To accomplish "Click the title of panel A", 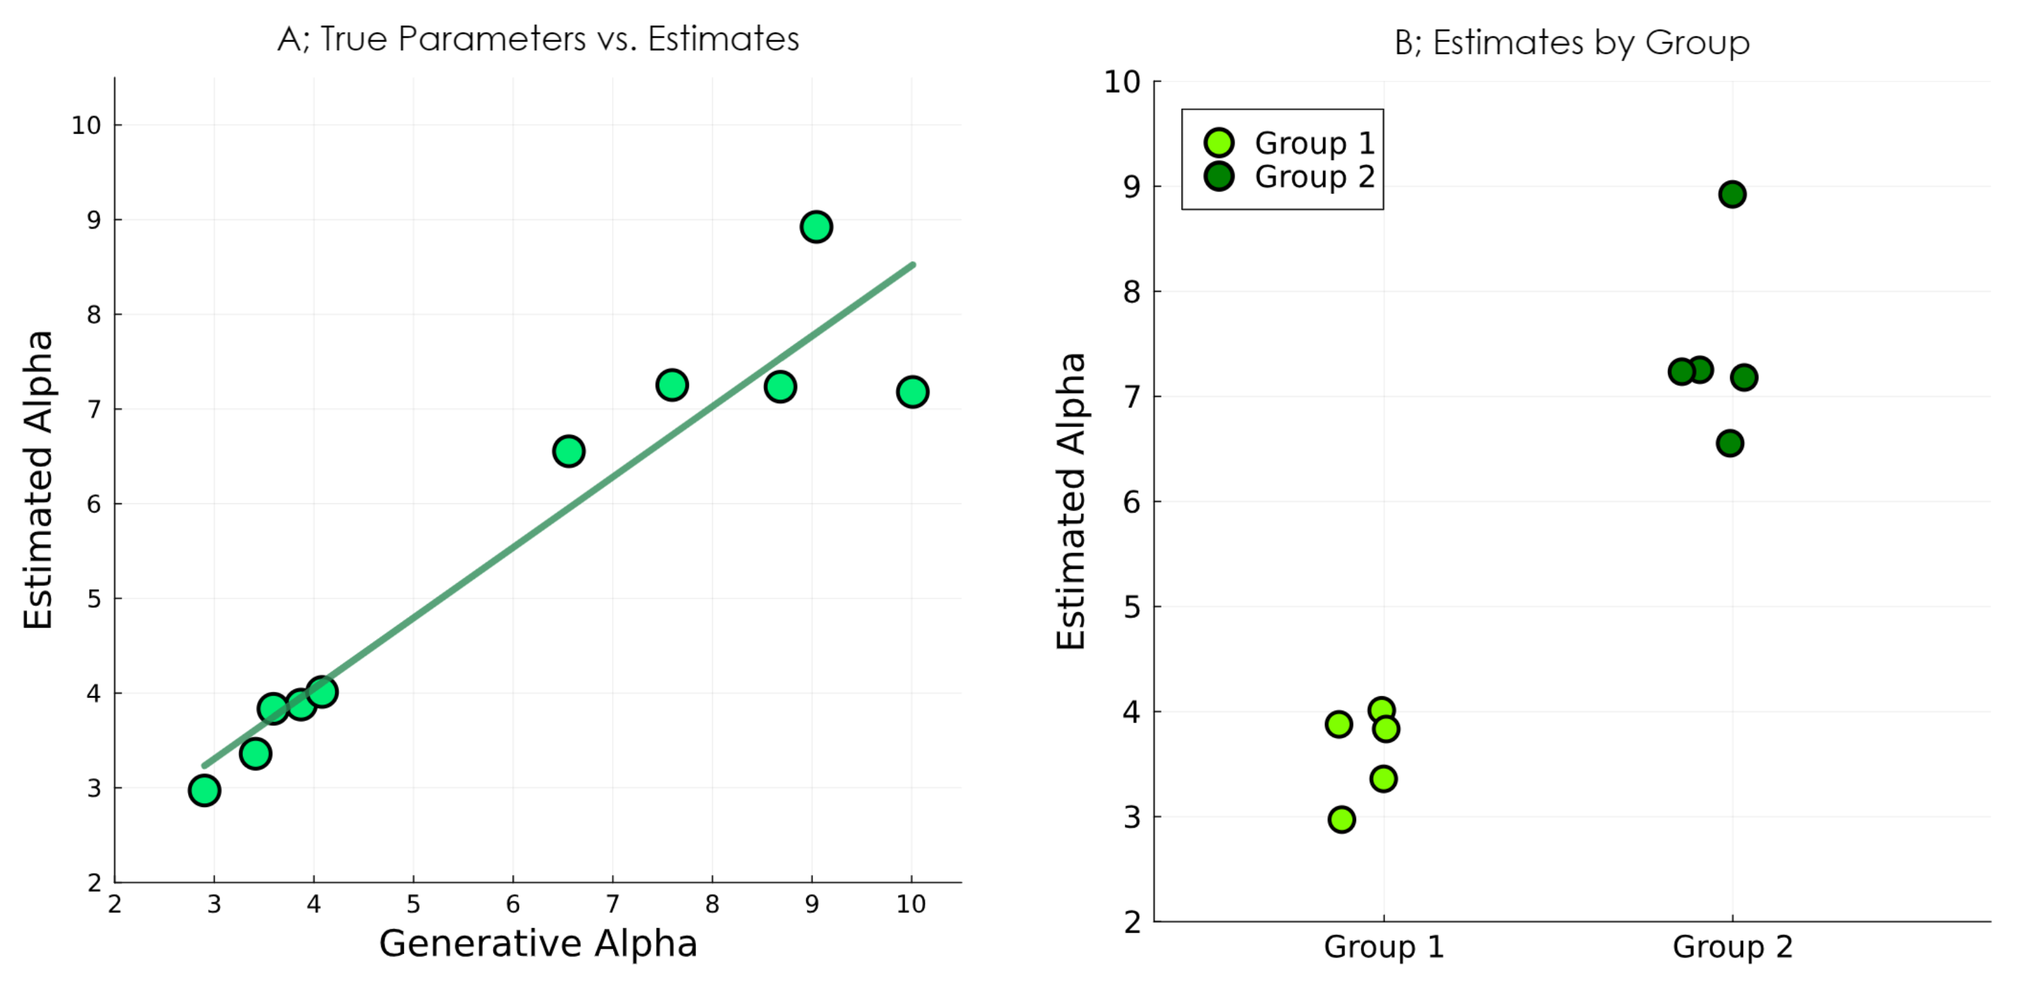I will pos(538,39).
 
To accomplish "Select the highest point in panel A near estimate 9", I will pos(816,227).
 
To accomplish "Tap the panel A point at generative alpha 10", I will pos(912,391).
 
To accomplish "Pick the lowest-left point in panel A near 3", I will pos(205,790).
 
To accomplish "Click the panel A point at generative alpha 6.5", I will pos(568,451).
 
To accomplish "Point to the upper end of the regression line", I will pos(912,265).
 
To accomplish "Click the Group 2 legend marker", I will pos(1219,176).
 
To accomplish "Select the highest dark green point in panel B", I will pos(1732,194).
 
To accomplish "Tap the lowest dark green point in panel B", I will pos(1729,444).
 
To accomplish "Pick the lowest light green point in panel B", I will pos(1341,820).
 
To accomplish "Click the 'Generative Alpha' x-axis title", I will pos(538,944).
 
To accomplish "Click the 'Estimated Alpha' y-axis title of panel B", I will pos(1071,501).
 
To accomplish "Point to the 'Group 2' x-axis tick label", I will pos(1732,947).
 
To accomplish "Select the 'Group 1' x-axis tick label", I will pos(1384,947).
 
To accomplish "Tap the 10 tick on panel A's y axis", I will pos(87,126).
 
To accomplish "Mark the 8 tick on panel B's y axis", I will pos(1132,292).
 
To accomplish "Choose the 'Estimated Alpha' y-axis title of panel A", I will pos(38,479).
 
